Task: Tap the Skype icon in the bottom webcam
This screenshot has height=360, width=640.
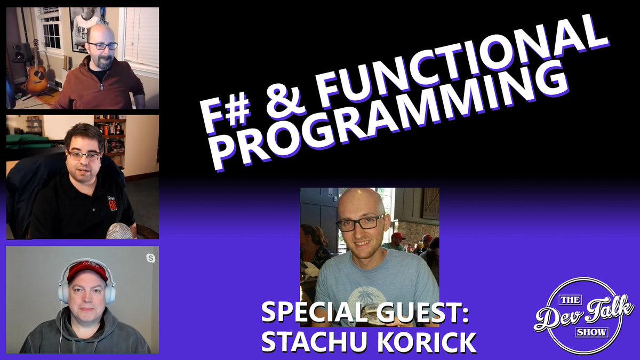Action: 150,258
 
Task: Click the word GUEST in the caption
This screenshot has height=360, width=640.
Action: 421,314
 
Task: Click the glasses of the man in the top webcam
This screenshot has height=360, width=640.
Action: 102,46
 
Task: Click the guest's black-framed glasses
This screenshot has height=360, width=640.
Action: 360,222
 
